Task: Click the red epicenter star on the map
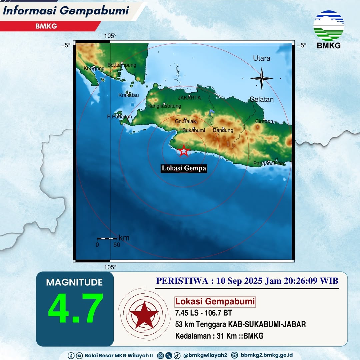[184, 151]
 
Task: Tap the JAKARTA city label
[189, 98]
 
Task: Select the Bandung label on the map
[223, 130]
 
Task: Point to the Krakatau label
[128, 95]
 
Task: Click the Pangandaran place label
[269, 163]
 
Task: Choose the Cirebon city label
[264, 121]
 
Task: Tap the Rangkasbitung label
[164, 106]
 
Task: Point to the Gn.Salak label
[185, 122]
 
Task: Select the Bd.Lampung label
[122, 65]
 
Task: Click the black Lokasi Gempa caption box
[184, 168]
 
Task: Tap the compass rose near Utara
[262, 78]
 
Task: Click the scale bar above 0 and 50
[107, 238]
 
